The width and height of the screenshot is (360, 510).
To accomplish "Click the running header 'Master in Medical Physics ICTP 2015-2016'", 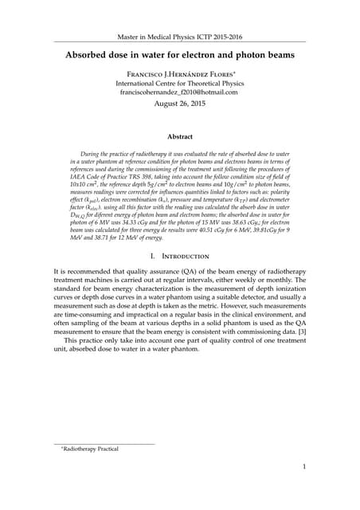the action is pyautogui.click(x=179, y=37).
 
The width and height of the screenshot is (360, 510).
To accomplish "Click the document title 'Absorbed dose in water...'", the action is pyautogui.click(x=179, y=55).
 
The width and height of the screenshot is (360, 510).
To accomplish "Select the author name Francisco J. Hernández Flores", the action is pyautogui.click(x=179, y=73).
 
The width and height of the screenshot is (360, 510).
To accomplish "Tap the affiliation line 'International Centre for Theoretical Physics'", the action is pyautogui.click(x=179, y=82).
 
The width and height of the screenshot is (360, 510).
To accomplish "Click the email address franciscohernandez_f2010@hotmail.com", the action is pyautogui.click(x=179, y=92).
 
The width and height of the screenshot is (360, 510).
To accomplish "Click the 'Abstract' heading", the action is pyautogui.click(x=179, y=136).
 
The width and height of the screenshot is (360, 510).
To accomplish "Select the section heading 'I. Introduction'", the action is pyautogui.click(x=179, y=256).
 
